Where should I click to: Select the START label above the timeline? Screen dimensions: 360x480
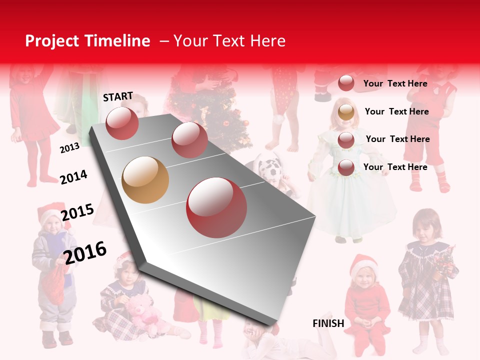(x=118, y=96)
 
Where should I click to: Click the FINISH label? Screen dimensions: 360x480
(x=328, y=323)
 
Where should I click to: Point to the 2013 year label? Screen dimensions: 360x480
(x=69, y=148)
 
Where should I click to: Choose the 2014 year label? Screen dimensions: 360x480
(x=73, y=177)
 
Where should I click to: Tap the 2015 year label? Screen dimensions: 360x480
(x=77, y=212)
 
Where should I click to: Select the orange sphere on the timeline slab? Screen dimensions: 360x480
(x=145, y=180)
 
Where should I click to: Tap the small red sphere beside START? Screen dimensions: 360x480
(x=122, y=123)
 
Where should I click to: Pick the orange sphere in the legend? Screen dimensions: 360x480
(x=346, y=112)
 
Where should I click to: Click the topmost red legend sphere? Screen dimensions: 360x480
(x=346, y=83)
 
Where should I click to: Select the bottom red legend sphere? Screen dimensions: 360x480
(x=346, y=168)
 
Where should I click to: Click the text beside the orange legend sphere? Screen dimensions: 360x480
(x=396, y=111)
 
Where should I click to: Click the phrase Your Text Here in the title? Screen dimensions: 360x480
(x=229, y=41)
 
